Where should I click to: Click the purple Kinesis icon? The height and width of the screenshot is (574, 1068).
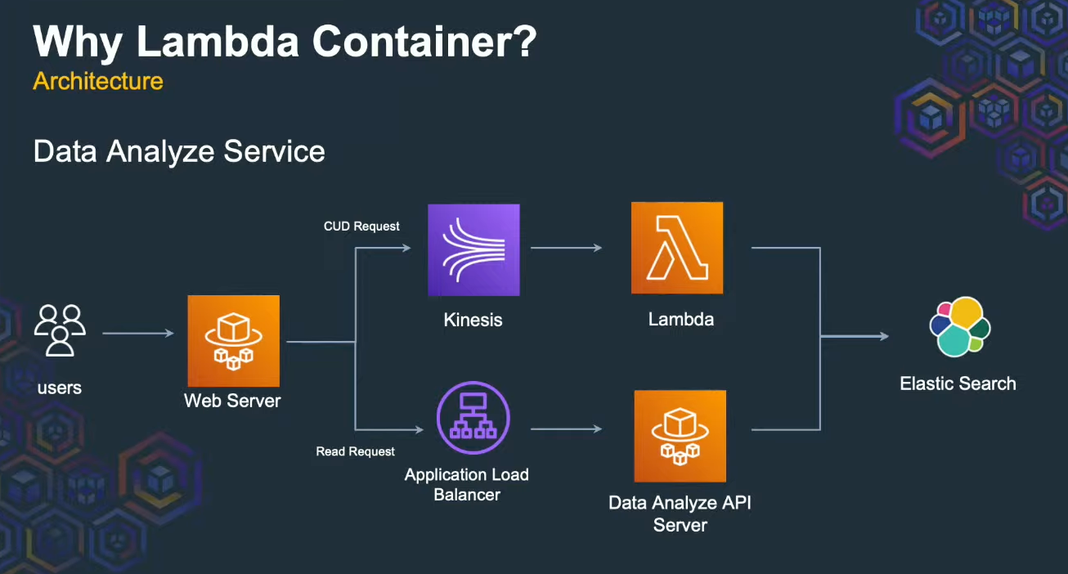[473, 249]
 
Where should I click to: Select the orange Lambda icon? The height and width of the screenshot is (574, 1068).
[677, 248]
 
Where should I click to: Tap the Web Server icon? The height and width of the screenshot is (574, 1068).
[233, 341]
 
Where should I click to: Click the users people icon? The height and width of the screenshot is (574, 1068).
[60, 330]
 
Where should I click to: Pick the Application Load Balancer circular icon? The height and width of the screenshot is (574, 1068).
[473, 417]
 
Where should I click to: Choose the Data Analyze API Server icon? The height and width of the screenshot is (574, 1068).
[680, 436]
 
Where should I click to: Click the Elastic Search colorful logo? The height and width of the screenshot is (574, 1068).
[959, 327]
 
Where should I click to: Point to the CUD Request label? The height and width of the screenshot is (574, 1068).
[361, 226]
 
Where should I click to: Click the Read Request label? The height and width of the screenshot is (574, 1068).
[355, 451]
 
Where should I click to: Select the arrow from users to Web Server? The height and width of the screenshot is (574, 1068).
[137, 333]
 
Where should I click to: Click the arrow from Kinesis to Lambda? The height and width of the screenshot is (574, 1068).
[566, 248]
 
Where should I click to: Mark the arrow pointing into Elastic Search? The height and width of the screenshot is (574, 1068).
[855, 336]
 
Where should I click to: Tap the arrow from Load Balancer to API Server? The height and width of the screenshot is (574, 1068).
[566, 428]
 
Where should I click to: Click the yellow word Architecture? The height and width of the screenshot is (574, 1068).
[98, 81]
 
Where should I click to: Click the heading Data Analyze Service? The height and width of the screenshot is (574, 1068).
[179, 151]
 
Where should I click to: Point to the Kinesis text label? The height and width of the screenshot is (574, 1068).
[473, 320]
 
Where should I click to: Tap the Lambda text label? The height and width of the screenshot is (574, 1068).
[680, 319]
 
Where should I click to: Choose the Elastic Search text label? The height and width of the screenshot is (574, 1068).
[958, 383]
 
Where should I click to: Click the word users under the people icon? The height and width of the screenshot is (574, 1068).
[60, 387]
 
